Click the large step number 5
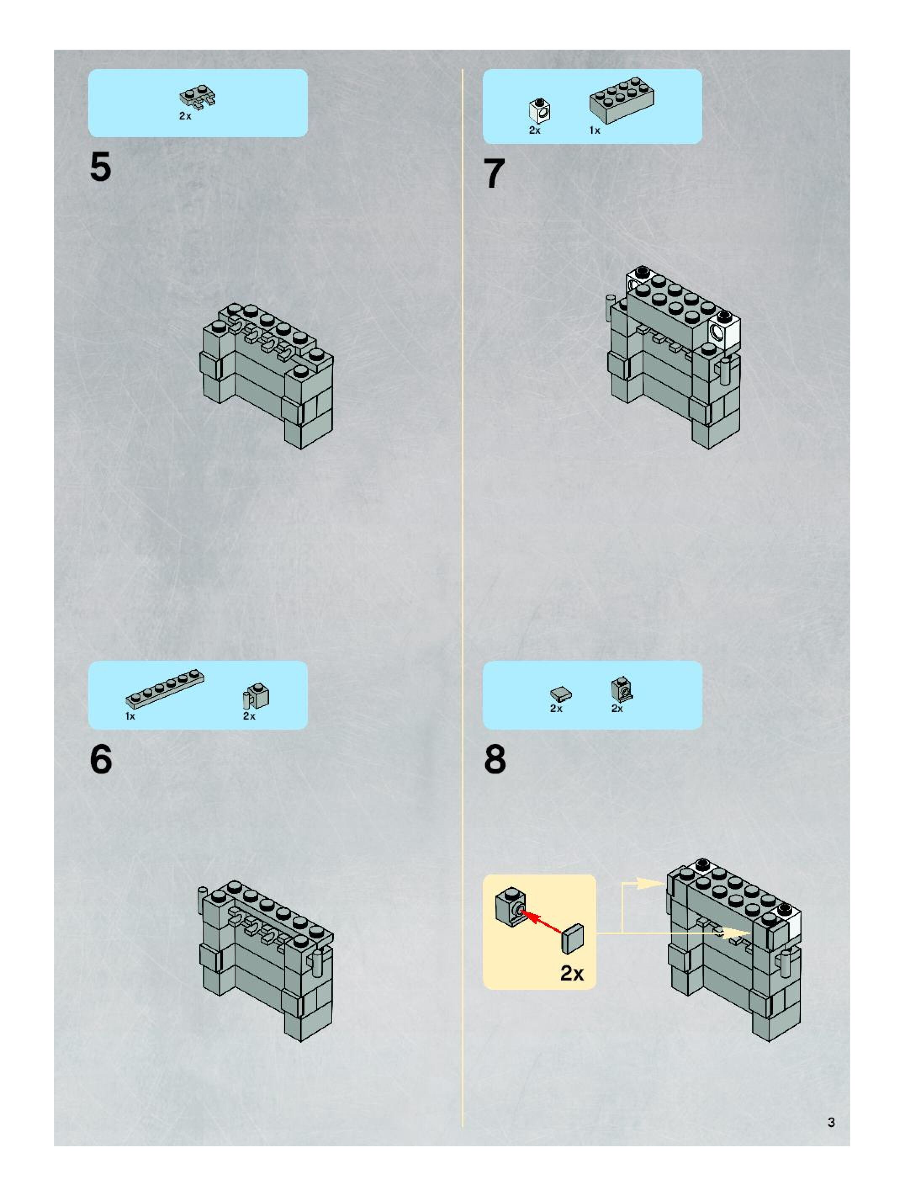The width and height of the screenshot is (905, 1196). [100, 167]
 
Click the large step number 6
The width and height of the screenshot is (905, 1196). [101, 759]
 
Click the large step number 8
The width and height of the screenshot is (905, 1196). [495, 759]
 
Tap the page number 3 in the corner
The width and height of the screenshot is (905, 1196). [831, 1122]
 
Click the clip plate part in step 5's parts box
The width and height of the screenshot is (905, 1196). [198, 97]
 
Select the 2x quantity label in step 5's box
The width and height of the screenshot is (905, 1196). [185, 116]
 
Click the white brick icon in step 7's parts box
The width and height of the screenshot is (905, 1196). [540, 110]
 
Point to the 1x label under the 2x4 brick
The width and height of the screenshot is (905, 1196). [594, 130]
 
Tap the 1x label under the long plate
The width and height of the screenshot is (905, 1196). [130, 716]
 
